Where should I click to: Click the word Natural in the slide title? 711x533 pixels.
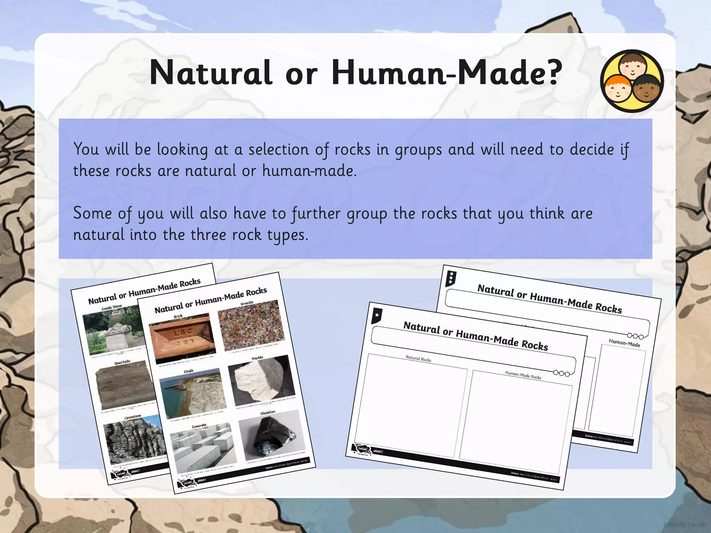tap(210, 73)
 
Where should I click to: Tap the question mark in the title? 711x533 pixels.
tap(552, 73)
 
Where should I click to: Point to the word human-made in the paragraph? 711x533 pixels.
tap(309, 171)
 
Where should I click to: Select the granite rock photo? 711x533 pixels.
tap(251, 325)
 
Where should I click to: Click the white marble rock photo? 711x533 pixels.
tap(262, 380)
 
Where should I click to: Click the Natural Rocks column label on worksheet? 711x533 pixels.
tap(418, 359)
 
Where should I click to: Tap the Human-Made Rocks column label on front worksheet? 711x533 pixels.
tap(523, 375)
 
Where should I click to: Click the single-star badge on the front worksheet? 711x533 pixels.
tap(377, 315)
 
